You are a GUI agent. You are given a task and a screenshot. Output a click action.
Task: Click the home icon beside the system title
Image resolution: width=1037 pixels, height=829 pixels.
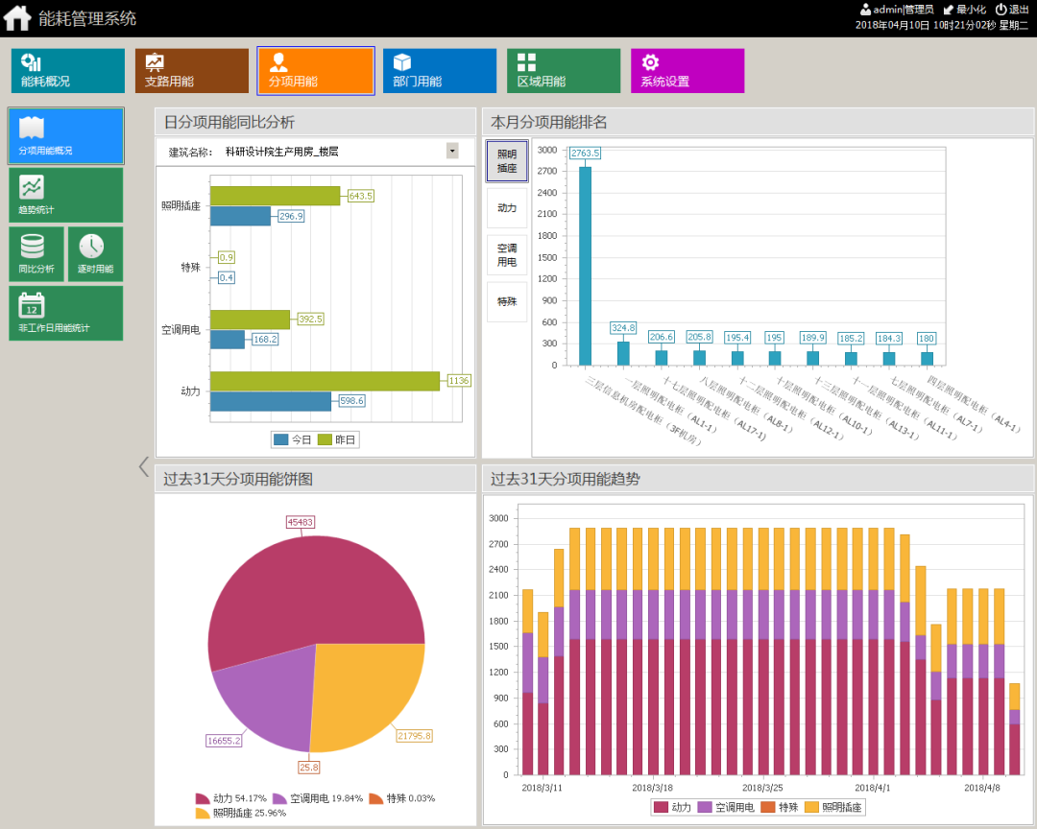[x=17, y=17]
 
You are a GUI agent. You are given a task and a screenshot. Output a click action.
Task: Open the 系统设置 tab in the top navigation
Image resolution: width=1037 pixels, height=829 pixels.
[x=687, y=71]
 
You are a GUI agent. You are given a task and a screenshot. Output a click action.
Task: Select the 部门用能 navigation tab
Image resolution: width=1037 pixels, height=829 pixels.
[x=439, y=71]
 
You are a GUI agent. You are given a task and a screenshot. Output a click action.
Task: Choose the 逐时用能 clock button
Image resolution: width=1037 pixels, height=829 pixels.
[x=95, y=254]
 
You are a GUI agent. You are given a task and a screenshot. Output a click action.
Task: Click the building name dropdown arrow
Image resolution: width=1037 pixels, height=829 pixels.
[x=452, y=151]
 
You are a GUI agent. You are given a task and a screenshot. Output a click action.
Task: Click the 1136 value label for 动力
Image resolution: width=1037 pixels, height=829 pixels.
[x=459, y=381]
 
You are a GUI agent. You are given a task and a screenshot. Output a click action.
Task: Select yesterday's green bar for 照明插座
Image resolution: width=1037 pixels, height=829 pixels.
[x=275, y=196]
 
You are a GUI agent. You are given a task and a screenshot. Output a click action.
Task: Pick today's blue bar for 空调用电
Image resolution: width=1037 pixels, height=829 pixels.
[x=228, y=339]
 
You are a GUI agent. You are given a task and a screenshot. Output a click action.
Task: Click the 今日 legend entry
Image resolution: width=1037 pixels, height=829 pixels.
[x=294, y=439]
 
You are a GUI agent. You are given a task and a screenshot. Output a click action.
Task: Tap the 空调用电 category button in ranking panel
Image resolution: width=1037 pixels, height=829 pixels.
[x=507, y=254]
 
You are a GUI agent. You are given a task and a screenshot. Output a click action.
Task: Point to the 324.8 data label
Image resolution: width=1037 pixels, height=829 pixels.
[x=623, y=328]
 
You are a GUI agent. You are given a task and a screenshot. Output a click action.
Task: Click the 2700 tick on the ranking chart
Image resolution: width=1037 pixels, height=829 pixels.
[x=547, y=172]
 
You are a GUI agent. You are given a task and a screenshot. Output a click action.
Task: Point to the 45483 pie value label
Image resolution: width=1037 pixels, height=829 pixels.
[x=301, y=522]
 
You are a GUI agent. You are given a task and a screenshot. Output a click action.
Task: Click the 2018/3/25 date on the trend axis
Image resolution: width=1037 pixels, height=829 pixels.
[x=764, y=788]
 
